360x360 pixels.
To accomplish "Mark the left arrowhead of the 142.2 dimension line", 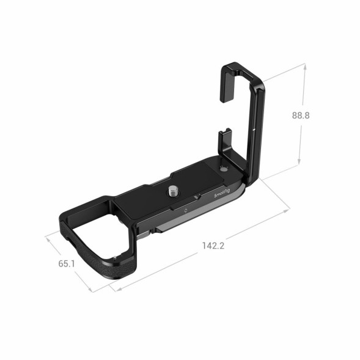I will pos(112,285).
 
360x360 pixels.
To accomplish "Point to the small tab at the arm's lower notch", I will pos(224,131).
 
